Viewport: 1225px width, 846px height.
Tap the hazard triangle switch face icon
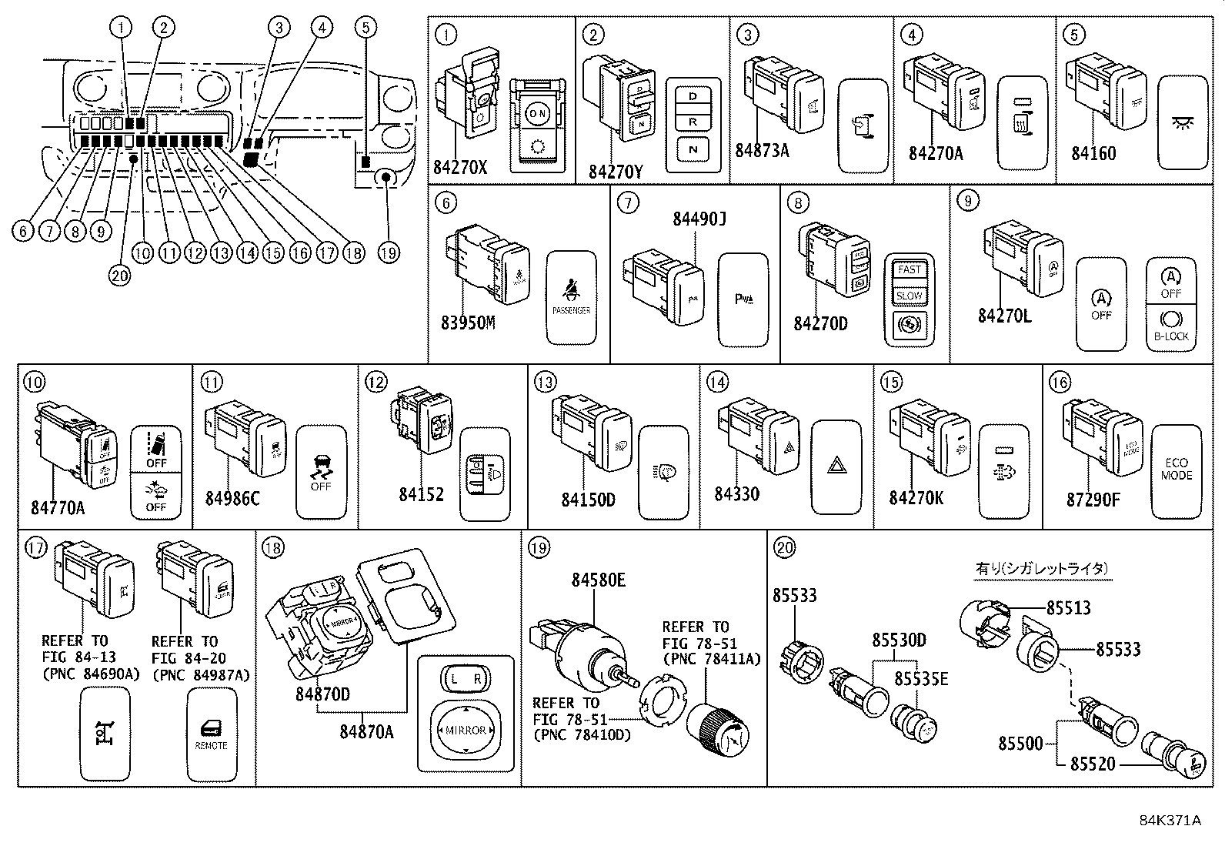point(836,465)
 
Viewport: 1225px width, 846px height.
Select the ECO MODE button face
point(1176,470)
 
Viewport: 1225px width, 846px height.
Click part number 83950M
point(468,323)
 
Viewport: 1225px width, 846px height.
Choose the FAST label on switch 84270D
point(909,270)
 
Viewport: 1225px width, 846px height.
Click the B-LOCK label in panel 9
point(1170,336)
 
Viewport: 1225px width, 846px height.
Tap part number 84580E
point(598,580)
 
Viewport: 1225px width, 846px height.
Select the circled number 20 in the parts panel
point(785,547)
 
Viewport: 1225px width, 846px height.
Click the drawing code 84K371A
point(1170,821)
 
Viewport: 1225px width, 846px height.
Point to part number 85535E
point(920,678)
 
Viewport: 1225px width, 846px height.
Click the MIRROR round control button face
point(465,729)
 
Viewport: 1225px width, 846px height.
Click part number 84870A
point(366,731)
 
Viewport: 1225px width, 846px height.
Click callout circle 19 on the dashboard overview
point(389,252)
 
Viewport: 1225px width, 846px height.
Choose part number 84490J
point(699,219)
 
